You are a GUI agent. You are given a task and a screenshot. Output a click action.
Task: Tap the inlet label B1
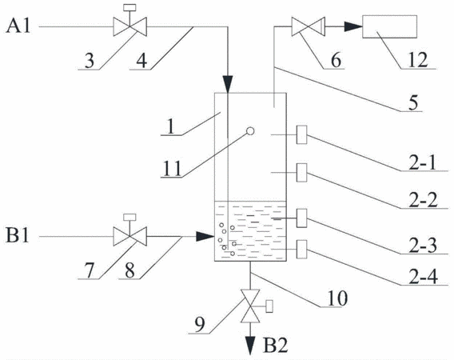18,236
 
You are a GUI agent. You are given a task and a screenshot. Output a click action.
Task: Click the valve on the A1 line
129,26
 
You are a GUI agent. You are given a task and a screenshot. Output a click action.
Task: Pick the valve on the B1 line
129,236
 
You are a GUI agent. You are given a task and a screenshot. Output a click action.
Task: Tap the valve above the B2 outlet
250,306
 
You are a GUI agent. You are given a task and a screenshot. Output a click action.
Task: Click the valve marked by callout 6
308,26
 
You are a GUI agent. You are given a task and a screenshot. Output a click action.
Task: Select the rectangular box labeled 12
389,26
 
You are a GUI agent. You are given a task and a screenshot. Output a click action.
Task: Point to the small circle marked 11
250,131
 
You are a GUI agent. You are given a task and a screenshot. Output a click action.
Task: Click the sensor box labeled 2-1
301,134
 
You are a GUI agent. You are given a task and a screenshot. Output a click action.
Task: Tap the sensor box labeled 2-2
301,173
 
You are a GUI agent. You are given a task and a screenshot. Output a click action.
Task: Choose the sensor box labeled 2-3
301,218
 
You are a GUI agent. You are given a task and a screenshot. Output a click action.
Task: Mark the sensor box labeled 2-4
301,249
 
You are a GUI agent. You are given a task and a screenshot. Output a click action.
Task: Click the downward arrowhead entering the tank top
228,84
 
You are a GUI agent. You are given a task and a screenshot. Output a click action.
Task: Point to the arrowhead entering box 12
353,26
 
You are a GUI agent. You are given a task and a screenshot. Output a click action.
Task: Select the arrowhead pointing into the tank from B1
205,236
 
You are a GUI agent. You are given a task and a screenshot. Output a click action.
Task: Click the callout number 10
337,298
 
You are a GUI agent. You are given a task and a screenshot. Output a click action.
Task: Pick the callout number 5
413,103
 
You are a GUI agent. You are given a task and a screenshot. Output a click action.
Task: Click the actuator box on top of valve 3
129,7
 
